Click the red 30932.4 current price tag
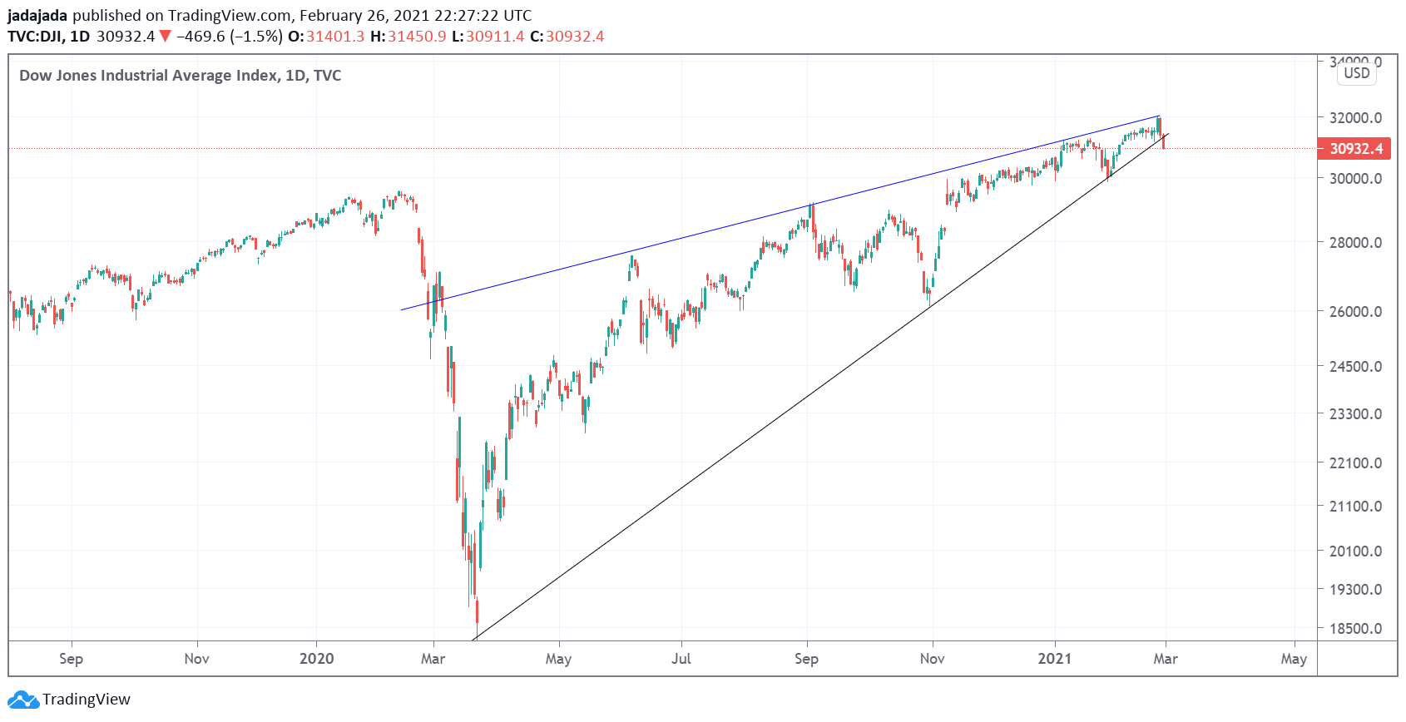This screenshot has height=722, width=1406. pyautogui.click(x=1355, y=149)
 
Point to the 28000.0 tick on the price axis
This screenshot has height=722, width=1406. pyautogui.click(x=1355, y=243)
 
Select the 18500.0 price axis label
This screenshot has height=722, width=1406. pyautogui.click(x=1355, y=629)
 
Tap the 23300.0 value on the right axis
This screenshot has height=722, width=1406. pyautogui.click(x=1355, y=414)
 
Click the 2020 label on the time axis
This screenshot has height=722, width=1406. pyautogui.click(x=316, y=659)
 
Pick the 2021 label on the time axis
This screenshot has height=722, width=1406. pyautogui.click(x=1055, y=659)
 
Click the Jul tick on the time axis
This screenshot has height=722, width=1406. pyautogui.click(x=681, y=659)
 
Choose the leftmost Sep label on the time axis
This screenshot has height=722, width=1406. pyautogui.click(x=72, y=659)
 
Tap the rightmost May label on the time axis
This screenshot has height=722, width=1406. pyautogui.click(x=1294, y=659)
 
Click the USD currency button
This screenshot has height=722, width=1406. pyautogui.click(x=1357, y=73)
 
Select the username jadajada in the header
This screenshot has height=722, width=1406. pyautogui.click(x=37, y=15)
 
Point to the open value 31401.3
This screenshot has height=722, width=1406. pyautogui.click(x=335, y=37)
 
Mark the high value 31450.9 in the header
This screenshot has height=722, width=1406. pyautogui.click(x=417, y=37)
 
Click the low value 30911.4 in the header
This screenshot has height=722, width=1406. pyautogui.click(x=495, y=37)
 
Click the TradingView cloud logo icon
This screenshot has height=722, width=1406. pyautogui.click(x=22, y=700)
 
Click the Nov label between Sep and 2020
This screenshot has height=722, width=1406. pyautogui.click(x=197, y=659)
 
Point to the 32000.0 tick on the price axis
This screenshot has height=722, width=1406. pyautogui.click(x=1355, y=118)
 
